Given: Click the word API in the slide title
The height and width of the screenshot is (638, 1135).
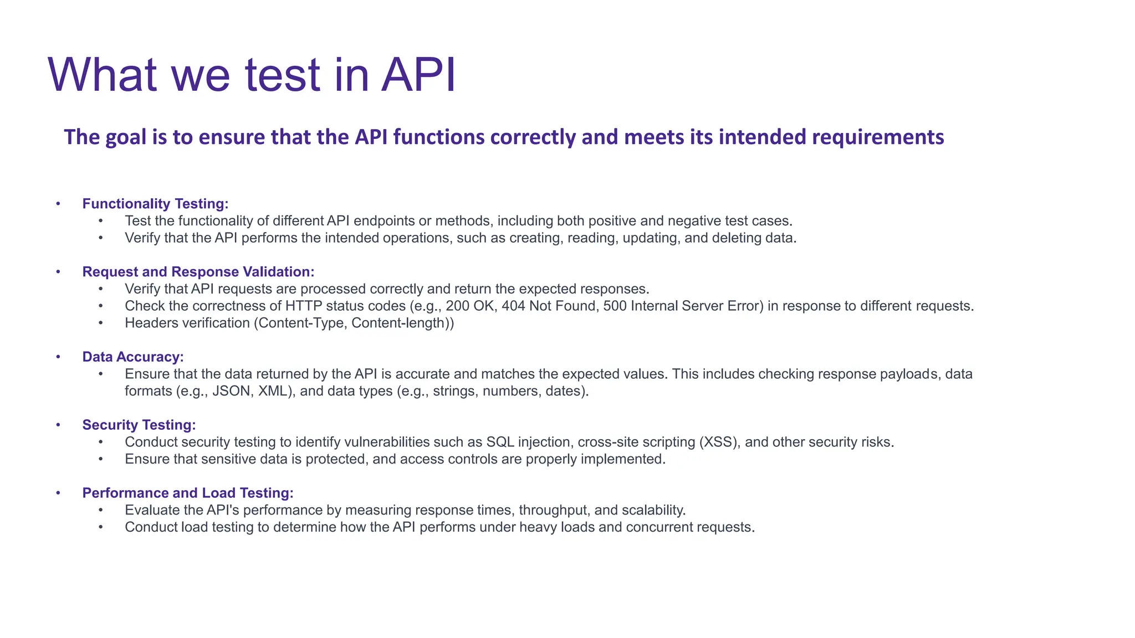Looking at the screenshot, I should pos(418,75).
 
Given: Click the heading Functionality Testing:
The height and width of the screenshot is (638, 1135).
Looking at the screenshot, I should pos(155,204).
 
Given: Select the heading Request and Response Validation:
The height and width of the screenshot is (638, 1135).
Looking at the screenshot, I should pos(198,272).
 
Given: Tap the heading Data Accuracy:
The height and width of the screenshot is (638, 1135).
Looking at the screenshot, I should pos(133,357).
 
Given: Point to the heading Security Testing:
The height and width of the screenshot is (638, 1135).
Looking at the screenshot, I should pos(139,425).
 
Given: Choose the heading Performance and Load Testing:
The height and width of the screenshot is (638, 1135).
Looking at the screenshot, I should pos(188,493).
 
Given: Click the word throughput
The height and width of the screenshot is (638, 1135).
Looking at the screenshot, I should pos(552,511).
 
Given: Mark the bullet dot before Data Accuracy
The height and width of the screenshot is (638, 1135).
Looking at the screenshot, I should pos(58,357).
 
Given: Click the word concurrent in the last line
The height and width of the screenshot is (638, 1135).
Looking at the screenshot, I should pos(659,527).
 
